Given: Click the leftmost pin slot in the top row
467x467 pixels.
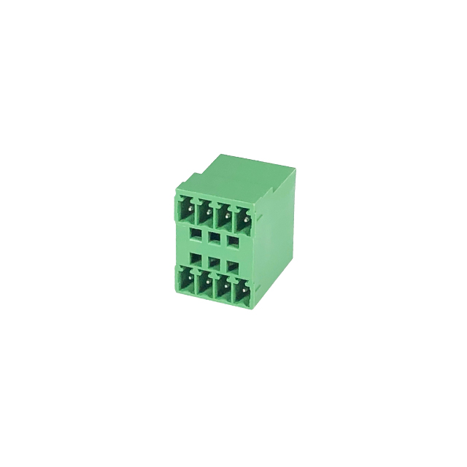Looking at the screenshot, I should tap(185, 212).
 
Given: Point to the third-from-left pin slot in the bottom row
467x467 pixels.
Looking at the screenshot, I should tap(223, 288).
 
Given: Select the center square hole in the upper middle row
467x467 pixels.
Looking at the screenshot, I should tap(214, 236).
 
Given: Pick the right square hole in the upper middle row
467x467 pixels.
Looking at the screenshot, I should tap(232, 236).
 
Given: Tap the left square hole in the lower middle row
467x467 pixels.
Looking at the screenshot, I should tap(196, 259).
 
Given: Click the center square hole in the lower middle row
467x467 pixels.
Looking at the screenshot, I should tap(214, 260).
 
